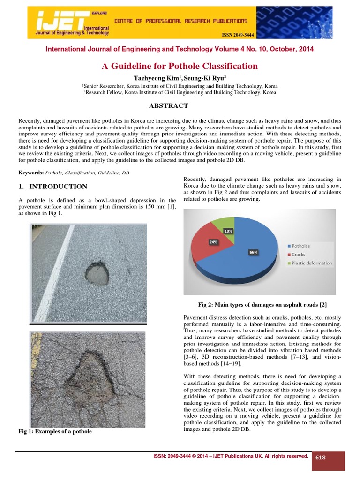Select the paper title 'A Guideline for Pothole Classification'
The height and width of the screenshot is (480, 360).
coord(180,66)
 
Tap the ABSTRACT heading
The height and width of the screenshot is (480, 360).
coord(168,106)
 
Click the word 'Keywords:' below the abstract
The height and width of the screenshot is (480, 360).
coord(30,173)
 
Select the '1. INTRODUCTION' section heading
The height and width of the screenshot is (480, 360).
coord(52,187)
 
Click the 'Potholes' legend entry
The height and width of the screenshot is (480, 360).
coord(300,246)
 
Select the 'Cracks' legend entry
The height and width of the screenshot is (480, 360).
coord(298,255)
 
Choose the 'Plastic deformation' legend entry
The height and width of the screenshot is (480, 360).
coord(311,263)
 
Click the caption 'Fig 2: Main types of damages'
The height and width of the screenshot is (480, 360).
coord(262,305)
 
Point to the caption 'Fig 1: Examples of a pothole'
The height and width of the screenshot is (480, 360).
coord(55,431)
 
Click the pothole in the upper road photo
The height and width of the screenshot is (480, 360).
coord(97,273)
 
